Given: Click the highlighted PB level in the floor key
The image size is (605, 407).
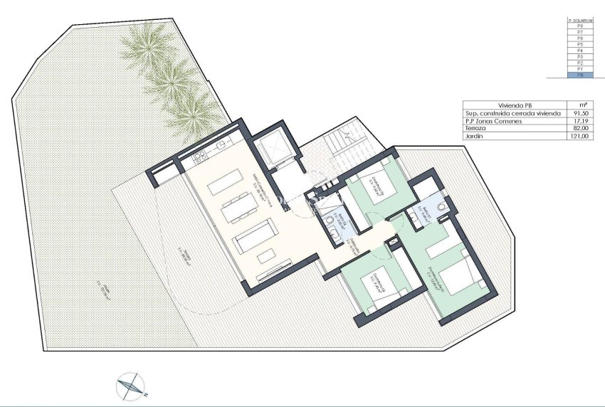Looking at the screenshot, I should pos(580,75).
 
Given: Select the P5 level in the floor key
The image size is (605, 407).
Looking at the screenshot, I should pos(580,45).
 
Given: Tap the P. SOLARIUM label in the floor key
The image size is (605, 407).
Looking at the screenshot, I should pos(580,21).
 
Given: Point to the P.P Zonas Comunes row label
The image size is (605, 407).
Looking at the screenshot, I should pos(493,120).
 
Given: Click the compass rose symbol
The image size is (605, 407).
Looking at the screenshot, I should pos(130,385).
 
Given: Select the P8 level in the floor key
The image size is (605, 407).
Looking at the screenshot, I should pos(580,27).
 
